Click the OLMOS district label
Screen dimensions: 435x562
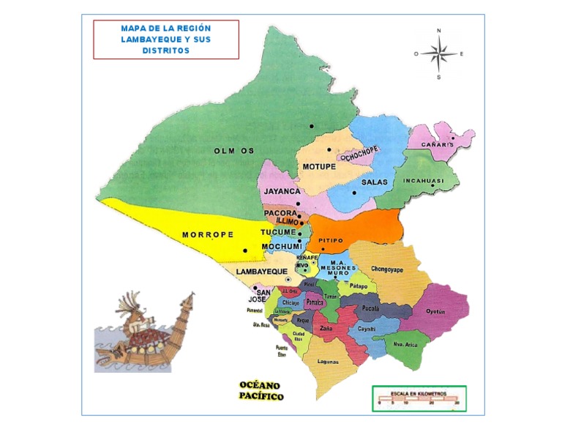click(x=234, y=151)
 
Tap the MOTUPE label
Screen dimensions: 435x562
click(x=319, y=167)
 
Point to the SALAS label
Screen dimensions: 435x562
click(x=374, y=182)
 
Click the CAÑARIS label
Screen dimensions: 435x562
click(x=438, y=145)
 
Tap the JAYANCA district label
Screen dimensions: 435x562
click(x=282, y=191)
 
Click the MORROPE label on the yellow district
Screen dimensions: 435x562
click(x=207, y=235)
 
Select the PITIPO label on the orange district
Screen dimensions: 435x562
click(x=331, y=240)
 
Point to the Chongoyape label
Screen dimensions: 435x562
click(x=388, y=268)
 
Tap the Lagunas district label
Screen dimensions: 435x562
click(x=328, y=361)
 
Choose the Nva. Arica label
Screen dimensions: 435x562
click(x=405, y=343)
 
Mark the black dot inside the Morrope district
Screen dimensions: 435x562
click(x=245, y=250)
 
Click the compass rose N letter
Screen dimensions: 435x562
click(x=439, y=31)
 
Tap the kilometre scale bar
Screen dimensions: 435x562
click(x=418, y=398)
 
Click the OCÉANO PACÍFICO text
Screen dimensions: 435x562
click(x=261, y=390)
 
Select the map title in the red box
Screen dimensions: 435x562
click(x=166, y=40)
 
